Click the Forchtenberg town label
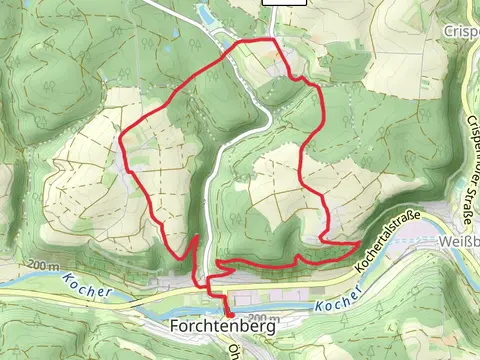tap(222, 325)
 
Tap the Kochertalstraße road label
tap(390, 241)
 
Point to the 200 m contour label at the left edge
tap(44, 264)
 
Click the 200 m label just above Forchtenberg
tap(254, 316)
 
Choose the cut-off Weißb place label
tap(458, 241)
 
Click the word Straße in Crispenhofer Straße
tap(468, 203)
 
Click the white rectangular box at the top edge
tap(284, 3)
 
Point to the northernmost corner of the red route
tap(272, 40)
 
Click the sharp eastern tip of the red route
tap(360, 242)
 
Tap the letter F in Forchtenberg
tap(176, 325)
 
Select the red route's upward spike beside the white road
tap(195, 236)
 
